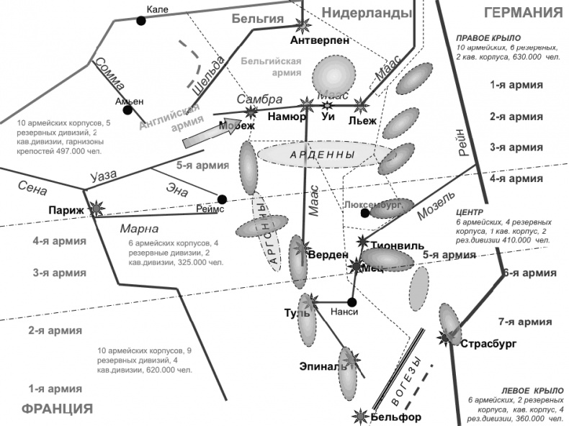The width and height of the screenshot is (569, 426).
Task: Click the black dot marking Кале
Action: pos(141,20)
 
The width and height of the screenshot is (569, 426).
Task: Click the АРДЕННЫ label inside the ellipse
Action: pos(321,155)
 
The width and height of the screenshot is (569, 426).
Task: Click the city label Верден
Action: pos(328,255)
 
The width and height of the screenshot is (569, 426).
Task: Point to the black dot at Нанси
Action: pos(352,302)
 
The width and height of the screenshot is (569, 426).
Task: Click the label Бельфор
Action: pos(397,417)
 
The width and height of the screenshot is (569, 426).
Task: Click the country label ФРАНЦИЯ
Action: pos(58,409)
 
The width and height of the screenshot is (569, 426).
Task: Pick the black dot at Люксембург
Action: pos(366,213)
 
